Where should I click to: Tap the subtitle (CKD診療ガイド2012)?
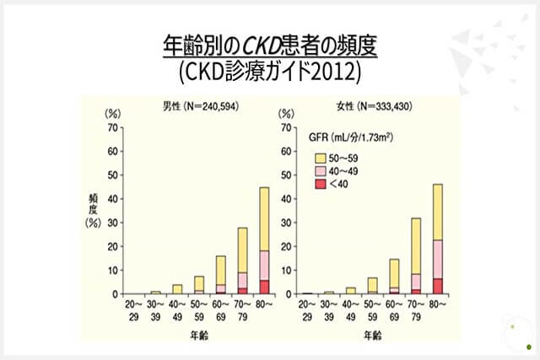coord(269,71)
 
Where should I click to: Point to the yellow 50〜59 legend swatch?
coord(321,157)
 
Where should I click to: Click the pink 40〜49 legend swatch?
coord(321,170)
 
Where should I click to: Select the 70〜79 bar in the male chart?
coord(242,261)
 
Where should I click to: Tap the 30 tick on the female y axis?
coord(287,223)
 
